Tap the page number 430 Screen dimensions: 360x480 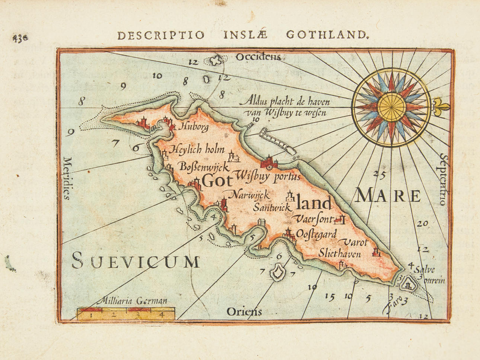coord(20,37)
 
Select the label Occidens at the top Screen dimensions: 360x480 coord(258,57)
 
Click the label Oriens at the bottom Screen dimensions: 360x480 coord(244,311)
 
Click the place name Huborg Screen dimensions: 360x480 coord(194,127)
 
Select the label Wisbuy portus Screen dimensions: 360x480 coord(268,176)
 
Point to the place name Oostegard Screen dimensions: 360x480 coord(316,234)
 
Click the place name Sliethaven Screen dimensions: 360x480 coord(339,254)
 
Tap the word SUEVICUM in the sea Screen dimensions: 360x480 coord(136,260)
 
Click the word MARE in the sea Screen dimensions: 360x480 coord(388,196)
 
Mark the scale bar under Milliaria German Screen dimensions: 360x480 coord(126,314)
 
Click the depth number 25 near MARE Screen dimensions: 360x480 coord(379,174)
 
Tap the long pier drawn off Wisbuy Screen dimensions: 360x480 coord(278,140)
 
